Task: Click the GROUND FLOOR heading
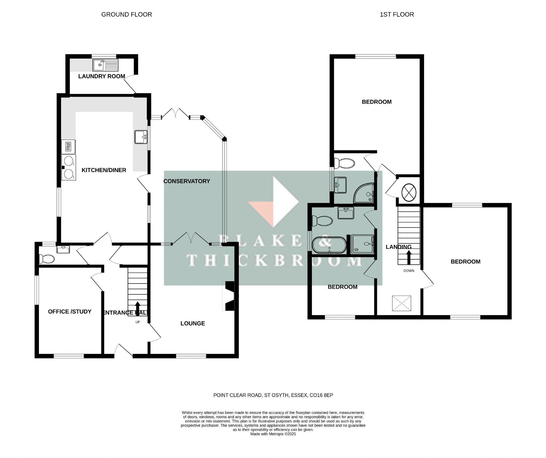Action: click(127, 15)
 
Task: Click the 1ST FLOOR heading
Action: click(397, 15)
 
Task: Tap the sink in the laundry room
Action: click(105, 65)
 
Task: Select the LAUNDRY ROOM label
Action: click(102, 76)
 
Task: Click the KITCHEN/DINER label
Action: click(104, 170)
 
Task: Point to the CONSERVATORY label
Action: click(187, 181)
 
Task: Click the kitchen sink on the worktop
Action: click(141, 137)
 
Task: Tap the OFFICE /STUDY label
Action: click(70, 312)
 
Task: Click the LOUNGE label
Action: click(192, 323)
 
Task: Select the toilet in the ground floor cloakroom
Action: click(46, 259)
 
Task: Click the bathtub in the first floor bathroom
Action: click(329, 245)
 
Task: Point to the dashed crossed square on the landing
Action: click(402, 303)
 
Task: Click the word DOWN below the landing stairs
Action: click(409, 271)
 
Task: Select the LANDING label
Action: click(399, 247)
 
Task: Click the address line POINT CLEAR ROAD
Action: click(273, 395)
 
